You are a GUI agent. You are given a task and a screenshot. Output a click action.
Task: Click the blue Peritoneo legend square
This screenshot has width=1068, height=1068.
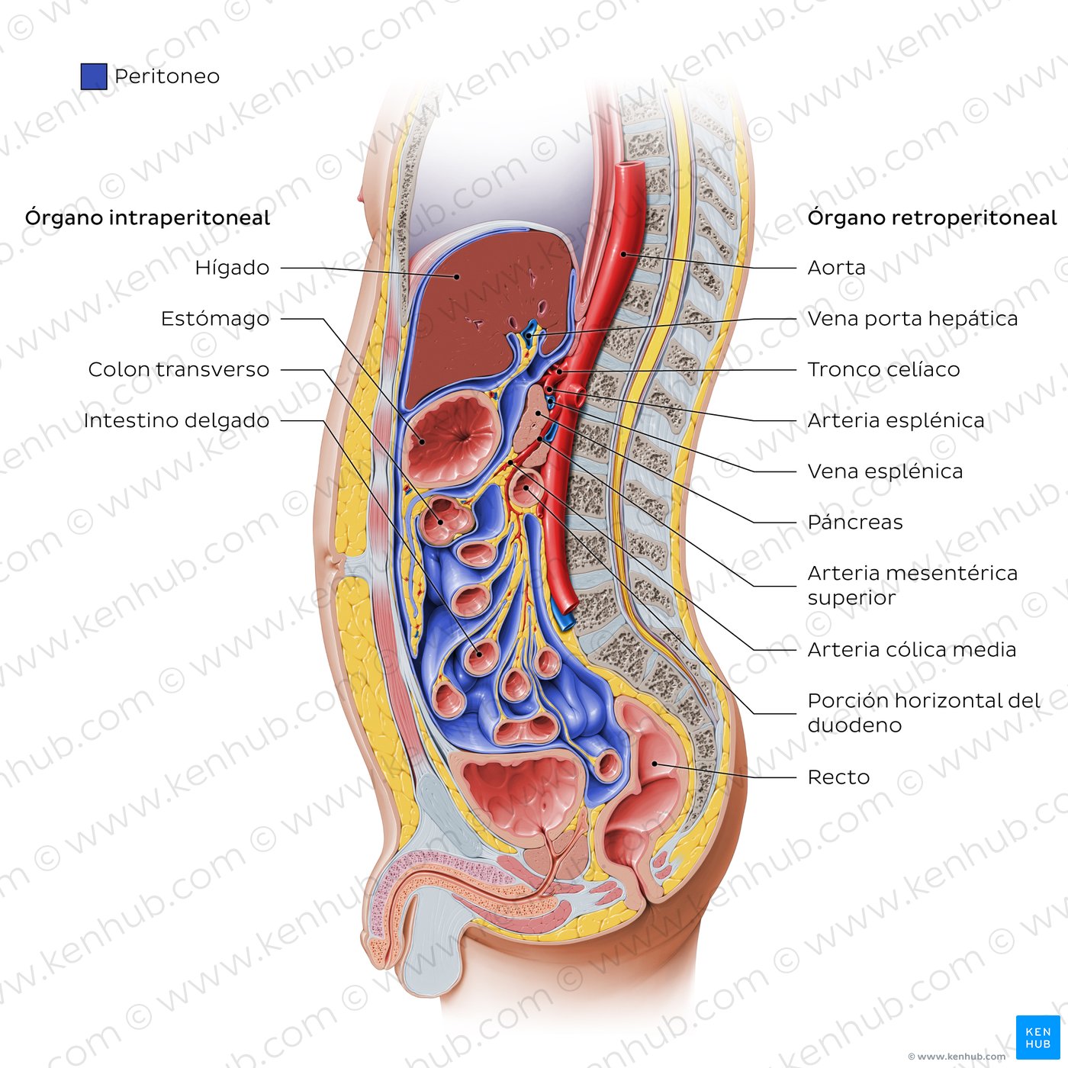[x=94, y=76]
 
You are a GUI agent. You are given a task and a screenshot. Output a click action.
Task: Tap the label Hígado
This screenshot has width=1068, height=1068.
[x=232, y=268]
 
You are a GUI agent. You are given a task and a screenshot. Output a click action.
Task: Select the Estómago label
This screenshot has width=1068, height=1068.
[x=215, y=319]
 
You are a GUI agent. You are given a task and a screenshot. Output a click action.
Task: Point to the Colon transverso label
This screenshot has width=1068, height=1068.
[x=179, y=370]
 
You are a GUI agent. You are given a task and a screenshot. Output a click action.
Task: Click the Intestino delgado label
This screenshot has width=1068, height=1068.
[x=176, y=420]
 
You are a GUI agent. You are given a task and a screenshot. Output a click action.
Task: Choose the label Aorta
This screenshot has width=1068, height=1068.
[x=836, y=268]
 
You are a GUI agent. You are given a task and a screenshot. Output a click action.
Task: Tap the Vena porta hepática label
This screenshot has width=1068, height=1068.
[x=912, y=319]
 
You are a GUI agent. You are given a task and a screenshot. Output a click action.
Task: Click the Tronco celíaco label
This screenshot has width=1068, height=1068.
[x=883, y=370]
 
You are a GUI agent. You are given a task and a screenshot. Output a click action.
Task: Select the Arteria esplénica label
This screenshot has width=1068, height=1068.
[x=896, y=420]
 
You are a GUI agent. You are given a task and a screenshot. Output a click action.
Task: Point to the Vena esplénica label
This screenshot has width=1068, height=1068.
[x=885, y=471]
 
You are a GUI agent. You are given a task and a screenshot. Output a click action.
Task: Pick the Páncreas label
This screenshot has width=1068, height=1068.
[x=855, y=522]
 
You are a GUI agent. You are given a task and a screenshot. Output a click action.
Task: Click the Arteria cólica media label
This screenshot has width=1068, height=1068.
[x=912, y=649]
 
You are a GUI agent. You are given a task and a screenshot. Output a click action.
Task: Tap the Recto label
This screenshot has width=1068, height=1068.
[x=838, y=777]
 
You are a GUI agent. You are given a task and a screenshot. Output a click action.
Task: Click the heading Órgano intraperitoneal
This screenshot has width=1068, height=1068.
[x=147, y=218]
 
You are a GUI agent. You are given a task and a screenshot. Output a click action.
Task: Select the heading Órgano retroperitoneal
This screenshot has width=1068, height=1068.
[x=932, y=218]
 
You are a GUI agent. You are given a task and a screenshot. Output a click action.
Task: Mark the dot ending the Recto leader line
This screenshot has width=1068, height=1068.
[x=655, y=763]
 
